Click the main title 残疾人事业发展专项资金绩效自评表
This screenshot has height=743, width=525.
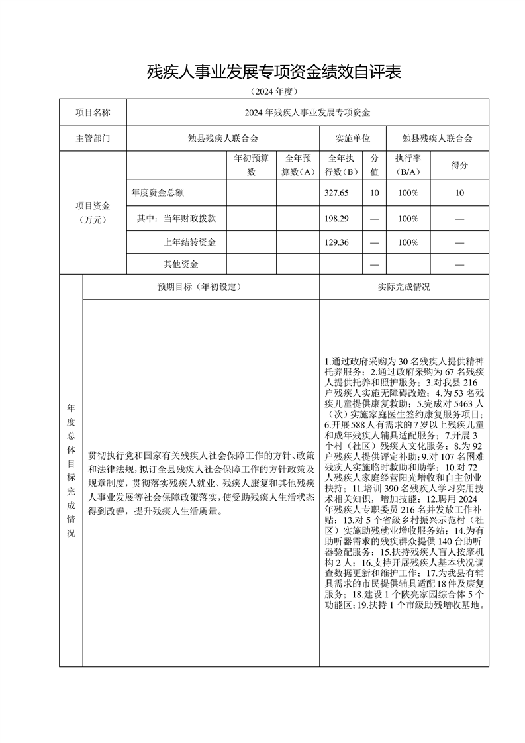(x=274, y=72)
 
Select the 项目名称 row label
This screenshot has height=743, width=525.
(x=93, y=113)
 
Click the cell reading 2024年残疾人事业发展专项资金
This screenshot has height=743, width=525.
(x=307, y=113)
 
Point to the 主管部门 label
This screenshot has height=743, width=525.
(x=93, y=139)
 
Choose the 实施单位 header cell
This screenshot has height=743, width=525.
(x=352, y=139)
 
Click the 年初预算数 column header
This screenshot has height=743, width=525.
(x=252, y=166)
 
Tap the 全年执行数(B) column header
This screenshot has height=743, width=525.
(x=340, y=166)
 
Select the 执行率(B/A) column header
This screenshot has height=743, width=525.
(x=408, y=166)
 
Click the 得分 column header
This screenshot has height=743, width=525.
(x=459, y=166)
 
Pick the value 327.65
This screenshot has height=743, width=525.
(x=337, y=193)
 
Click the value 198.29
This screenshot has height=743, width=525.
(x=337, y=218)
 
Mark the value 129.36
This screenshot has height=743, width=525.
(x=337, y=242)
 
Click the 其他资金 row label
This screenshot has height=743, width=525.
(x=181, y=264)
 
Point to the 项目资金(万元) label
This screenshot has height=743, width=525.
(x=93, y=213)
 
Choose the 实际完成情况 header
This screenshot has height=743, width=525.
(x=404, y=287)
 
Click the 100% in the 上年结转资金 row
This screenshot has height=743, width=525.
(x=408, y=242)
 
